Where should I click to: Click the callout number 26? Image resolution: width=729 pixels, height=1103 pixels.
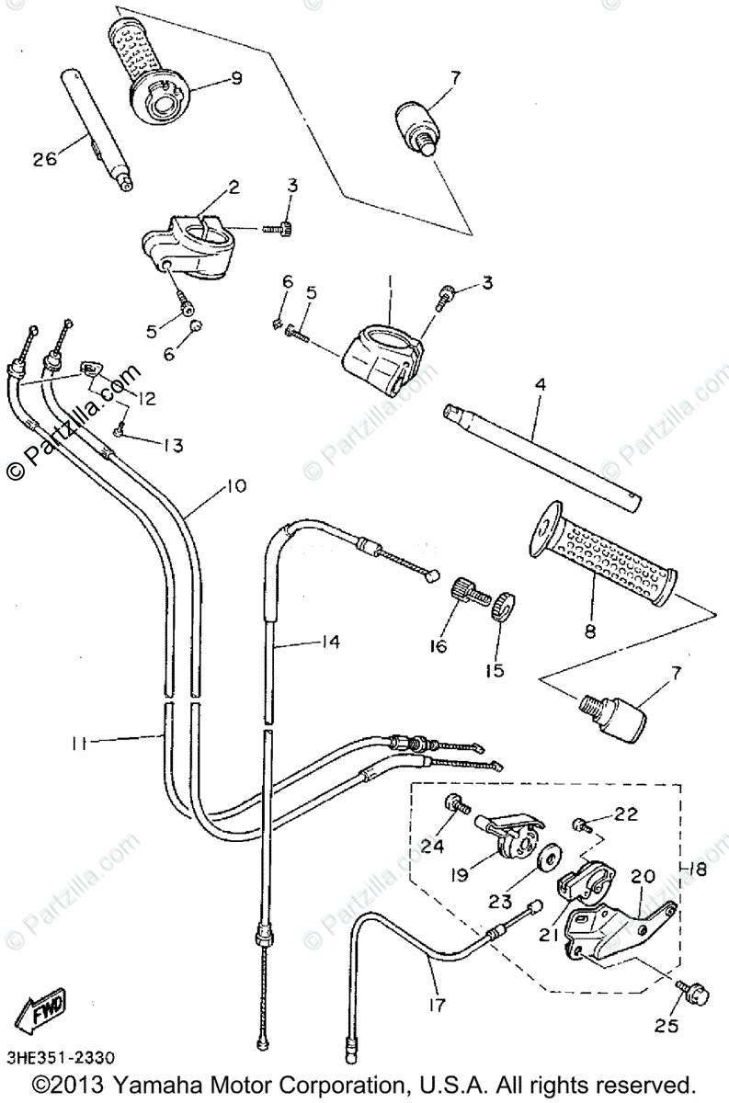45,158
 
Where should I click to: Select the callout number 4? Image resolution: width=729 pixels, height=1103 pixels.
540,384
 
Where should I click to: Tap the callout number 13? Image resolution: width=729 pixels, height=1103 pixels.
173,446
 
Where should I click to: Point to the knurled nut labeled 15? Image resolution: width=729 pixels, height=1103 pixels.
502,608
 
